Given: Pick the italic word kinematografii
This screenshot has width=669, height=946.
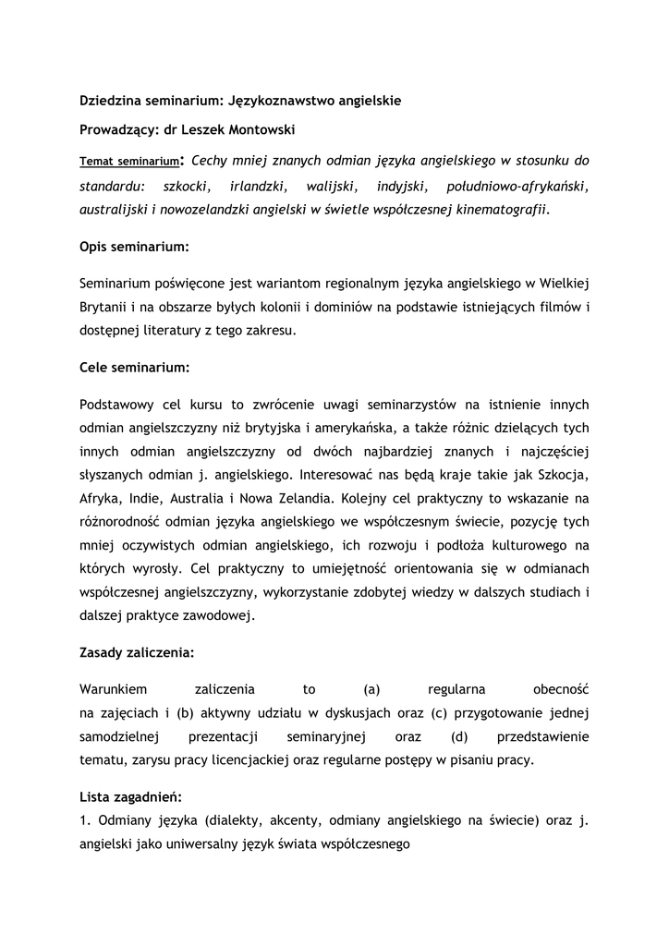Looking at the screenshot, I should pyautogui.click(x=504, y=209).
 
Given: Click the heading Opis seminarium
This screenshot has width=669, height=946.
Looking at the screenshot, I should pyautogui.click(x=134, y=248).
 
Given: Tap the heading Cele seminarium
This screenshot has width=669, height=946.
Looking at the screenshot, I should pyautogui.click(x=134, y=368).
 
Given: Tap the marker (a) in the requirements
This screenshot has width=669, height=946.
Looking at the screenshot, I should pyautogui.click(x=372, y=689).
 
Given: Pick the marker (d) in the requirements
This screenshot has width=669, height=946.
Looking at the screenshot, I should pyautogui.click(x=460, y=737).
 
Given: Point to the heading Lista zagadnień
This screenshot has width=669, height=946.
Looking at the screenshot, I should pyautogui.click(x=130, y=796).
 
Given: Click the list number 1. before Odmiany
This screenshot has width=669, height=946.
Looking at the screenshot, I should pyautogui.click(x=85, y=819).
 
